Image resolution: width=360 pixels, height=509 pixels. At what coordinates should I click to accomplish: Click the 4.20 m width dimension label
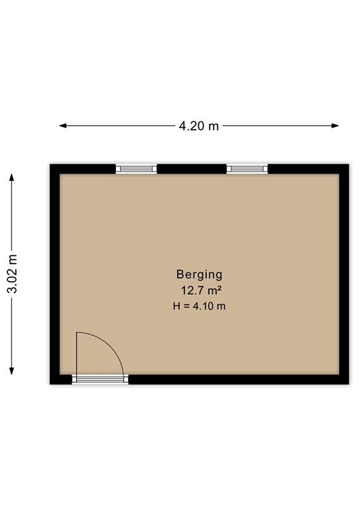pos(198,126)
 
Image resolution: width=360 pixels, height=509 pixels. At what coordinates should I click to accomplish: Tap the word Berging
pos(199,274)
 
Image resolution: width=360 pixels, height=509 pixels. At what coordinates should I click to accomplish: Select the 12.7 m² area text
pos(200,290)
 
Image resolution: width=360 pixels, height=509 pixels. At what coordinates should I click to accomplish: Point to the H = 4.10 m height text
pos(199,306)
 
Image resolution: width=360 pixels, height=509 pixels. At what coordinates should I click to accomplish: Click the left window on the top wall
pos(137,169)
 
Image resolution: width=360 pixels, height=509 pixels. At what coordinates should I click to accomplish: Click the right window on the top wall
pos(247,169)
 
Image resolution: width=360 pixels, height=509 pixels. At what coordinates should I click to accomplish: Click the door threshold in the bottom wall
pos(100,379)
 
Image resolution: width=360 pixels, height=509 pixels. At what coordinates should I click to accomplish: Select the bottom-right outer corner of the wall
pos(349,384)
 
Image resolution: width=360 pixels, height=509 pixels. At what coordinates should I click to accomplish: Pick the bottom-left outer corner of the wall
pos(51,384)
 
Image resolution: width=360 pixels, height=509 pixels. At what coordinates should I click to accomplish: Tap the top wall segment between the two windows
pos(192,169)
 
